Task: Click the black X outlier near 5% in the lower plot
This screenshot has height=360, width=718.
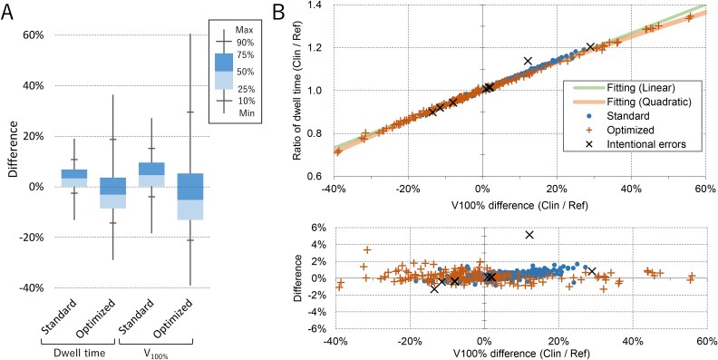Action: (529, 235)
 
